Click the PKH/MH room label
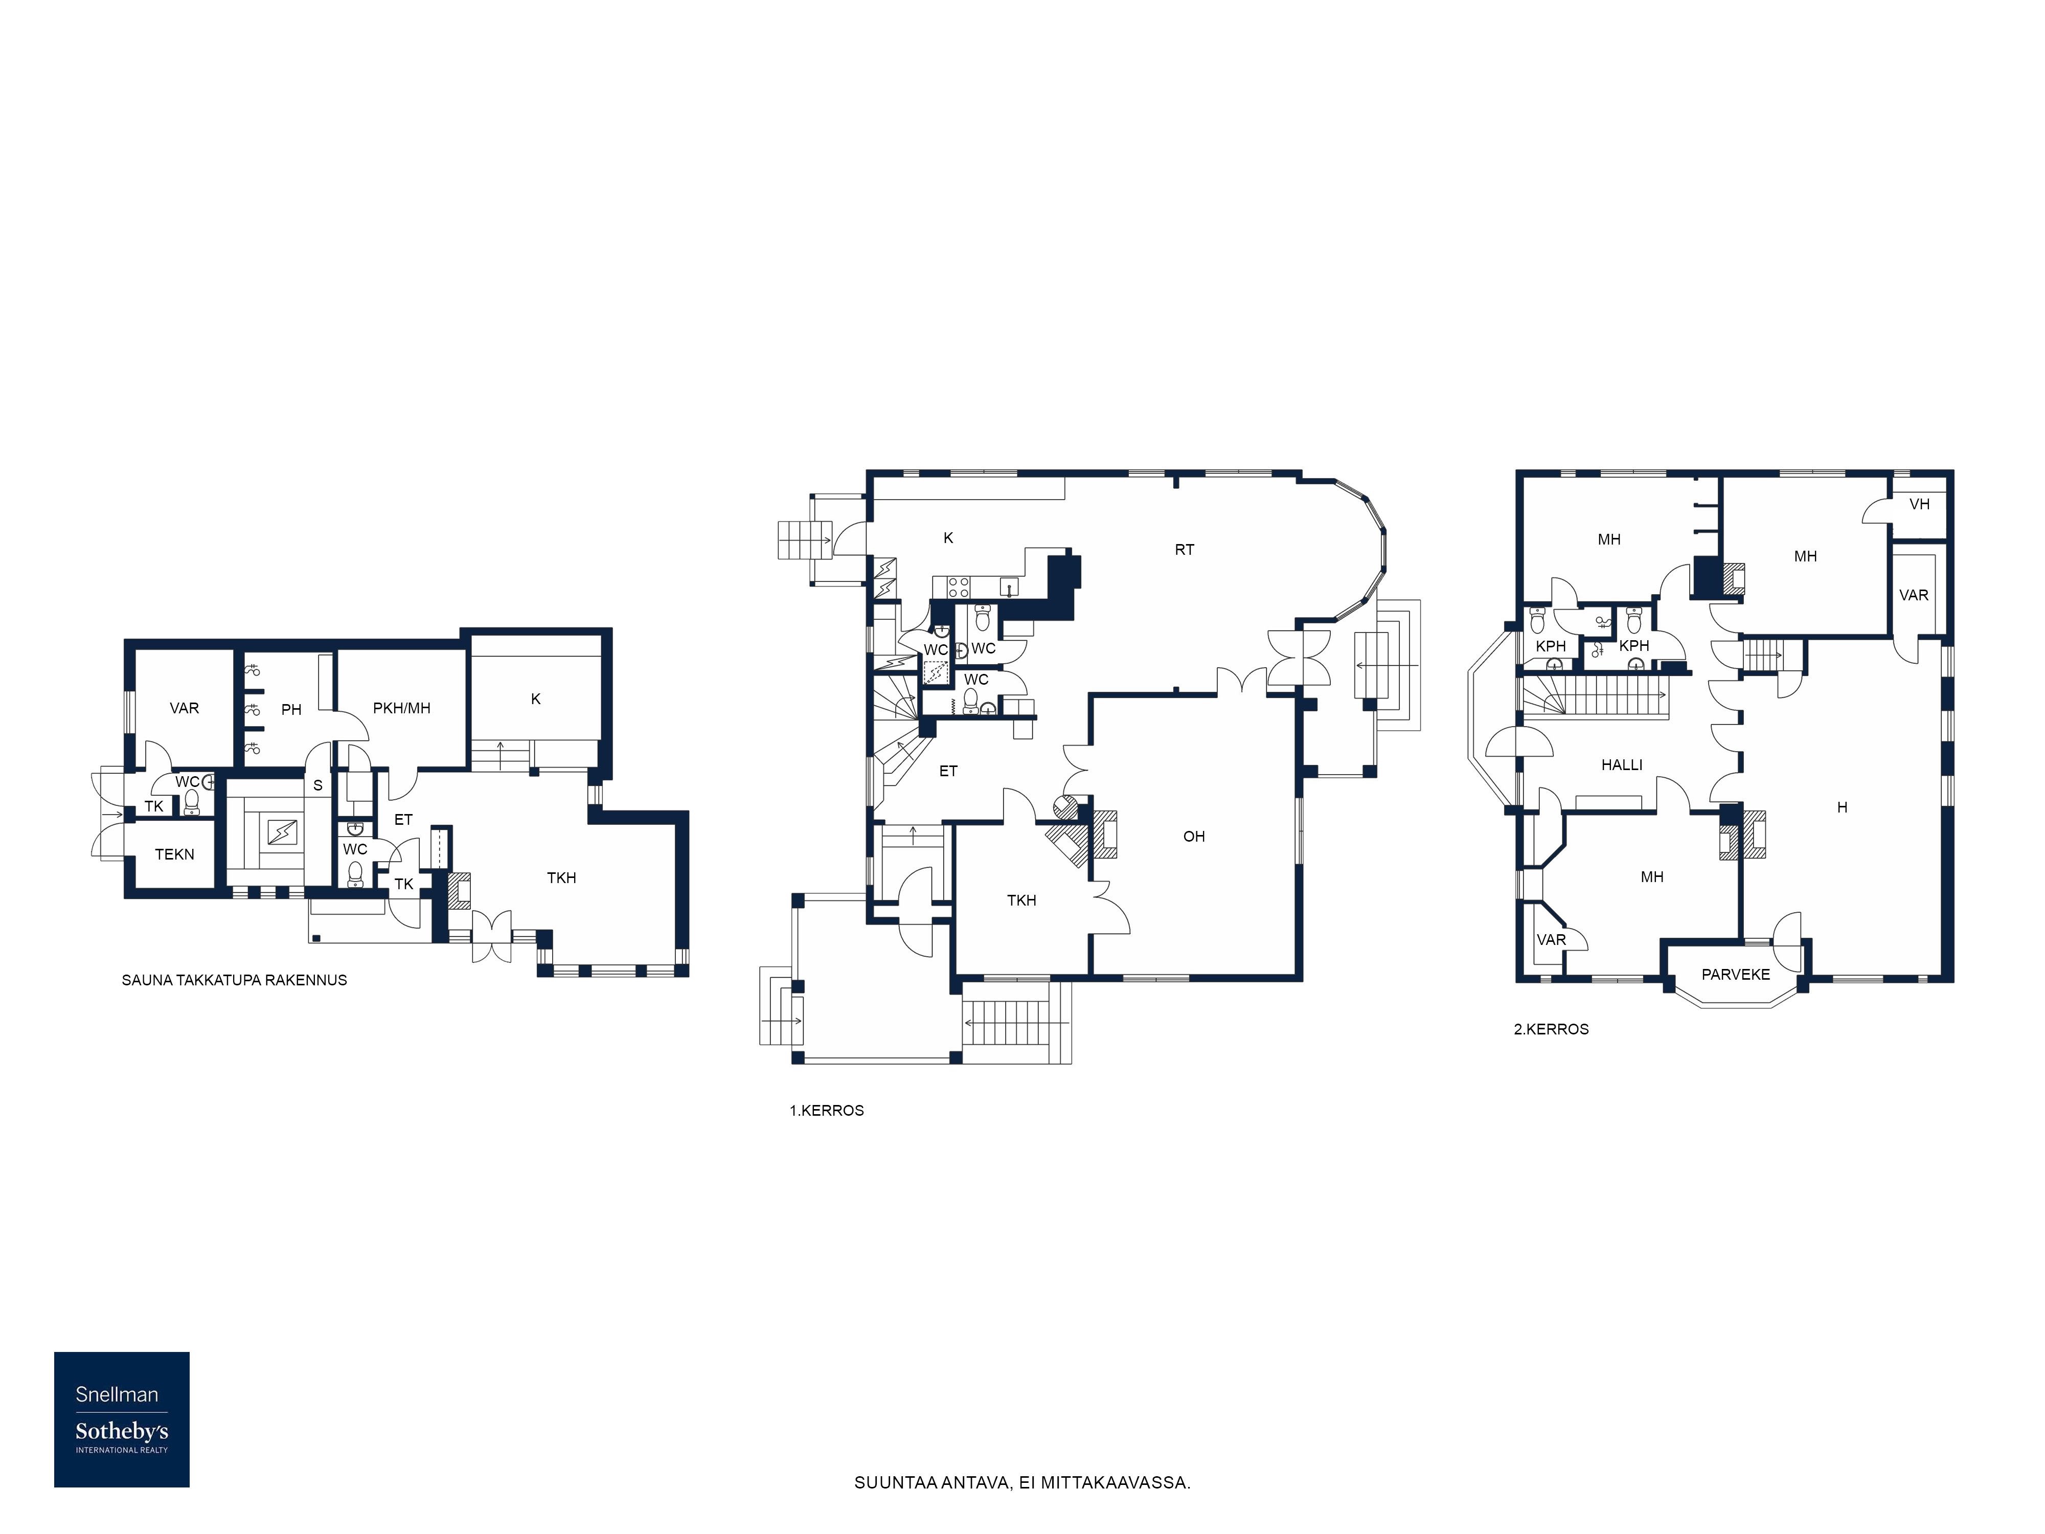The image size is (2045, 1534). pos(401,708)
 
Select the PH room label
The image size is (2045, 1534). pos(291,710)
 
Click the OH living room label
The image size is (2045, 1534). pos(1194,837)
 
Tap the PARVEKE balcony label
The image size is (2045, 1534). pos(1735,975)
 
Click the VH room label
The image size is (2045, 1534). pos(1919,505)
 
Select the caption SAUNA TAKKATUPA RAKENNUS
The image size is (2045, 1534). pos(234,980)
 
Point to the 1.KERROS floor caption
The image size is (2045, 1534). pos(827,1111)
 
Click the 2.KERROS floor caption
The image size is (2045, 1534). pos(1551,1029)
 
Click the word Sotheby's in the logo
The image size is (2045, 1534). pos(121,1431)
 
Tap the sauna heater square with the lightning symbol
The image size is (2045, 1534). pos(282,833)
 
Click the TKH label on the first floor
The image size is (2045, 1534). pos(1021,900)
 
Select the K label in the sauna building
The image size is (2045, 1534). pos(535,699)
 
